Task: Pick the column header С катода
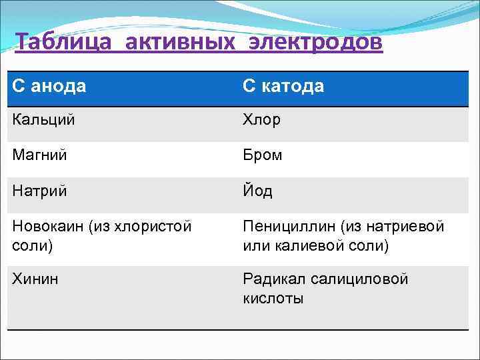pos(283,86)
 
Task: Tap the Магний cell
pos(39,155)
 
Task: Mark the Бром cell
pos(263,155)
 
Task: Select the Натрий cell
pos(39,191)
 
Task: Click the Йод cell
pos(257,191)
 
